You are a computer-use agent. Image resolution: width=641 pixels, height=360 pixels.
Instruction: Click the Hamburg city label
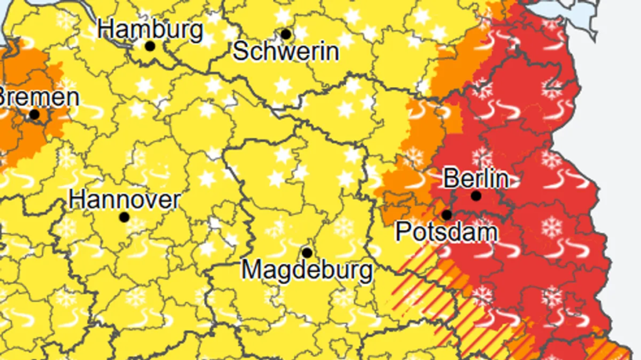(x=151, y=29)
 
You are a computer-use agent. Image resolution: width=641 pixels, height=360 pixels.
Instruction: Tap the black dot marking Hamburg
(x=150, y=46)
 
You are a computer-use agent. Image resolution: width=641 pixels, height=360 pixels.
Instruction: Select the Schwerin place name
(x=286, y=51)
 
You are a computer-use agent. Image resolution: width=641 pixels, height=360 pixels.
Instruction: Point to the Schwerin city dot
(x=286, y=34)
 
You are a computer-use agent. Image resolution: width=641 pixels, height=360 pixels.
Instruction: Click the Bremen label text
(x=39, y=98)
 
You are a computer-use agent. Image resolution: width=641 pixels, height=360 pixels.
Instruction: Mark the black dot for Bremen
(x=34, y=115)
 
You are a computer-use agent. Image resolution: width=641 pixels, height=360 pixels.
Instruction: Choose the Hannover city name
(x=124, y=200)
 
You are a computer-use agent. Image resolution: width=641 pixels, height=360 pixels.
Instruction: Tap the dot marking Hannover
(x=124, y=217)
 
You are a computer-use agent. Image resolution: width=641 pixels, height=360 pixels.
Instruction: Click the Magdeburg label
(x=307, y=270)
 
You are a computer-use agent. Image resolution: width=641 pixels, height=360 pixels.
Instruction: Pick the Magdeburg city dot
(x=307, y=253)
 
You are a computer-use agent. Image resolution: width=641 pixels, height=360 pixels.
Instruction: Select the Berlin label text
(x=476, y=178)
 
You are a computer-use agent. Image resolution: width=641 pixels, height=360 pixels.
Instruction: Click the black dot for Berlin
(x=476, y=196)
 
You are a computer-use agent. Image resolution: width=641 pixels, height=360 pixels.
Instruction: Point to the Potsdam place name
(x=447, y=232)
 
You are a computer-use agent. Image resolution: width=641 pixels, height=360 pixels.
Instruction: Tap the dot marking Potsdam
(x=447, y=215)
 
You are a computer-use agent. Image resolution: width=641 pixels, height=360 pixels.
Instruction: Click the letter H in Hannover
(x=76, y=200)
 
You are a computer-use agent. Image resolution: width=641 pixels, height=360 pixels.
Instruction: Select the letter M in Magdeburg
(x=251, y=270)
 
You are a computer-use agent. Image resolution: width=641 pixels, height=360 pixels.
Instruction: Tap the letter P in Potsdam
(x=403, y=232)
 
